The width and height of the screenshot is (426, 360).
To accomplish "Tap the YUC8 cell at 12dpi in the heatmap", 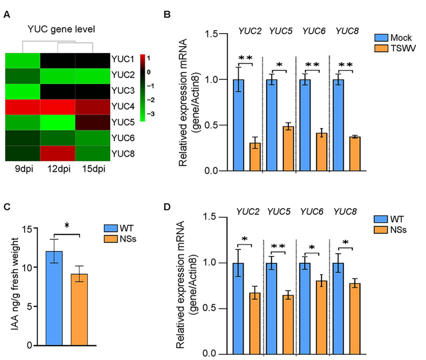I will (57, 153).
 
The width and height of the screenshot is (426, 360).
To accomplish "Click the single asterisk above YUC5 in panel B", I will (280, 64).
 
